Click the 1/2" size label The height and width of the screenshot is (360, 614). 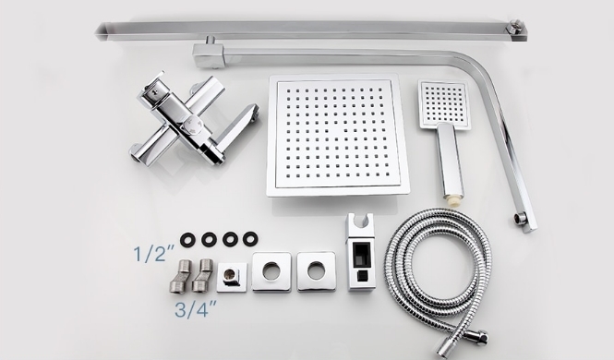[153, 254]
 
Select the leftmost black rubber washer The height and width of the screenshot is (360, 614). [188, 239]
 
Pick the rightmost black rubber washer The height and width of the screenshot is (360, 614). [250, 239]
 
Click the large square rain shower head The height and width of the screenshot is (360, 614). [338, 136]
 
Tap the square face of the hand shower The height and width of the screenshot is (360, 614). [443, 104]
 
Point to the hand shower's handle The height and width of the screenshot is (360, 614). [450, 160]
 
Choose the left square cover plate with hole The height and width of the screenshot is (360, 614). [271, 271]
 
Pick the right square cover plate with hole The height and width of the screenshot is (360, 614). [317, 271]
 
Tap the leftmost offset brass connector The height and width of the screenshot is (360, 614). [180, 276]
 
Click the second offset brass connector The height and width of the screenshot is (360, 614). [202, 275]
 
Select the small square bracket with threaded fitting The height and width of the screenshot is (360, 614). [232, 277]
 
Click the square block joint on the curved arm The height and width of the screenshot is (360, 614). [208, 56]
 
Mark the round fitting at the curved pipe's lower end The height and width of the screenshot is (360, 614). [522, 218]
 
